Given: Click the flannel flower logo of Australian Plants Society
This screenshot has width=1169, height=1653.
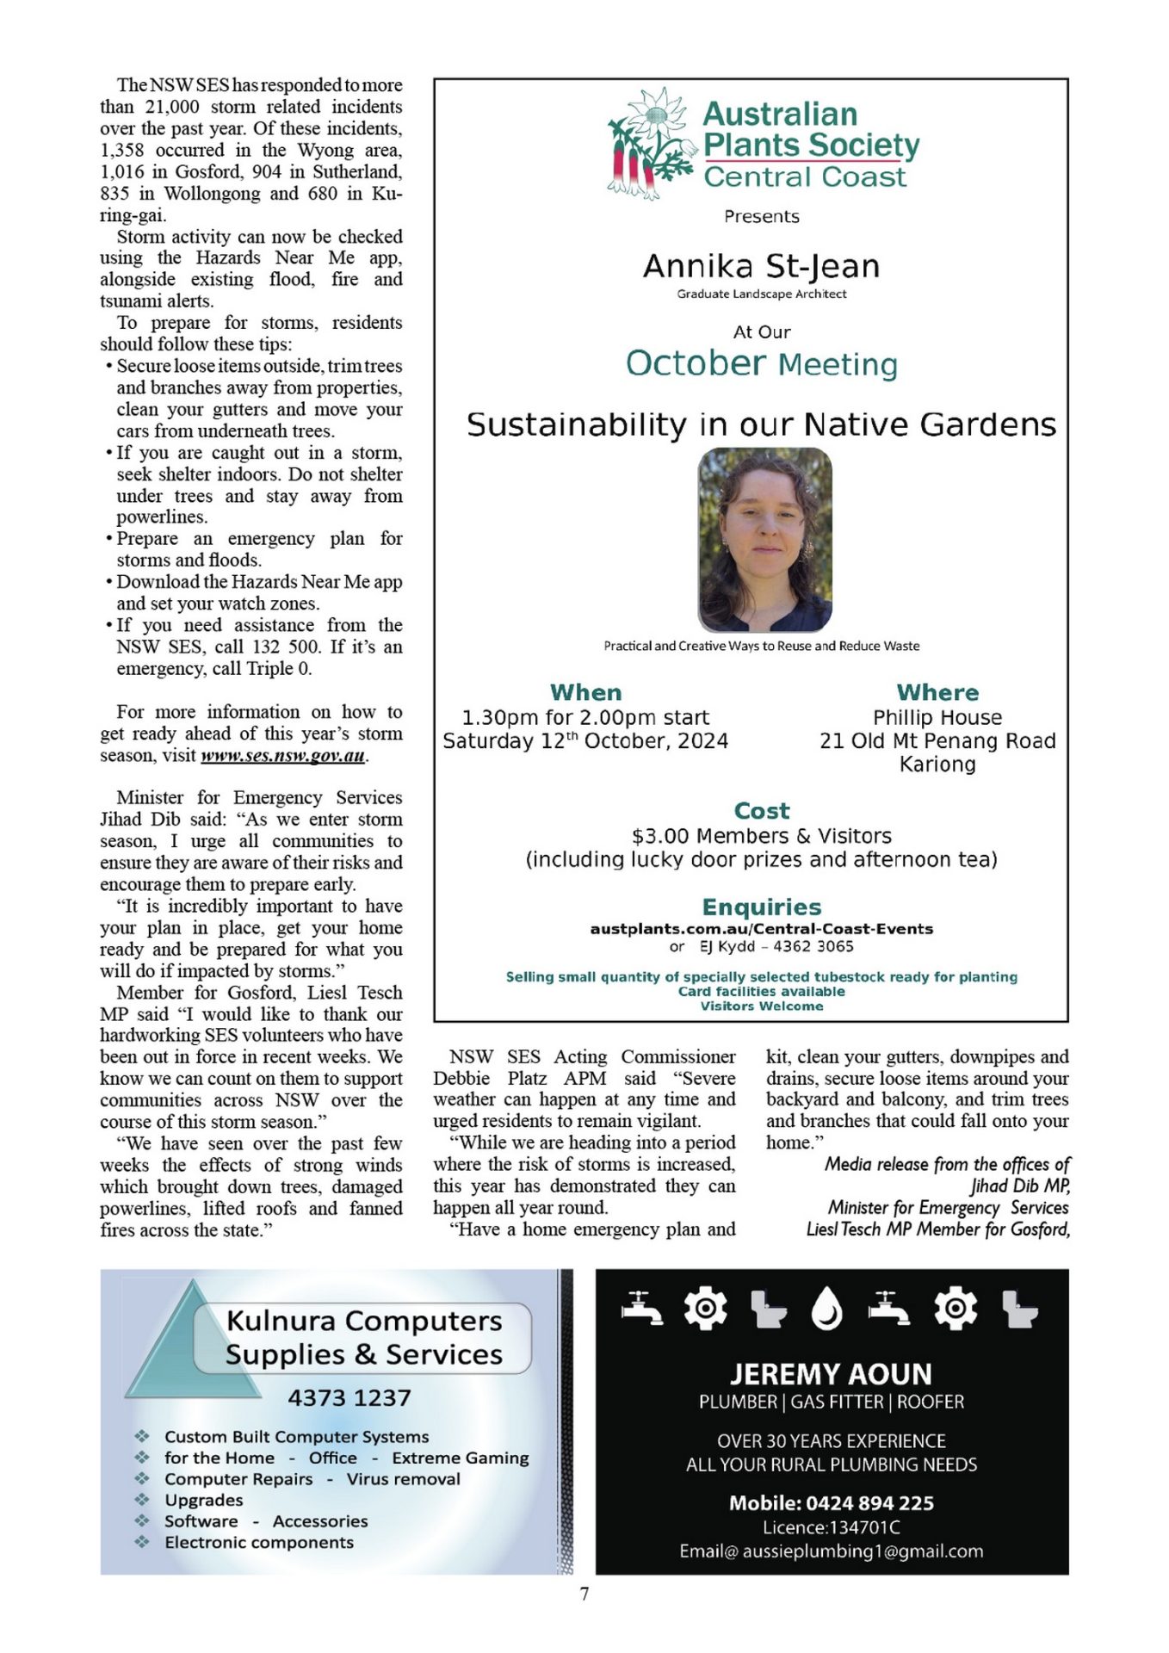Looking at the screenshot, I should coord(650,143).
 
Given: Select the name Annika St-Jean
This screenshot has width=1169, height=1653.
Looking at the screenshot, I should coord(761,267).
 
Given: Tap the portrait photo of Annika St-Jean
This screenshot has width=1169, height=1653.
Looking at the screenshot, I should coord(764,540).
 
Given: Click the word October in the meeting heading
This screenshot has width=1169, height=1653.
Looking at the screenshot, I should coord(696,363).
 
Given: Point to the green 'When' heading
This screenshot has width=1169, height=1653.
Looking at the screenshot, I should coord(585,693).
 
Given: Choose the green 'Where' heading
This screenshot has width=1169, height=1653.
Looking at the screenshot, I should coord(937,693).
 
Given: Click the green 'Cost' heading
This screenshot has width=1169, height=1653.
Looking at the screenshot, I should coord(761,811).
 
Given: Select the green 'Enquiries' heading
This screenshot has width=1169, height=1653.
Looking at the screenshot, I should coord(761,907).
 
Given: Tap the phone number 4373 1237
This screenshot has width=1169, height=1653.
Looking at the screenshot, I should coord(349,1398).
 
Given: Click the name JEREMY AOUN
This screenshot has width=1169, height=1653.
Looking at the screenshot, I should coord(831,1374).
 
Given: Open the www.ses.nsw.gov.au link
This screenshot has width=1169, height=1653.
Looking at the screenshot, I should coord(283,756).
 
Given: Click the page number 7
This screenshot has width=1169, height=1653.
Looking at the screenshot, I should coord(584,1594).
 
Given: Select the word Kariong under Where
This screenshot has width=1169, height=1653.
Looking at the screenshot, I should coord(937,765).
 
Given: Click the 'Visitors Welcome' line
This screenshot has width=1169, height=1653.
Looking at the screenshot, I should coord(761,1006).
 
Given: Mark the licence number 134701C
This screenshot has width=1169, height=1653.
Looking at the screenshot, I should coord(864,1527).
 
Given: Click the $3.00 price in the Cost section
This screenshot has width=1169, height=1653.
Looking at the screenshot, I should coord(660,836).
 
